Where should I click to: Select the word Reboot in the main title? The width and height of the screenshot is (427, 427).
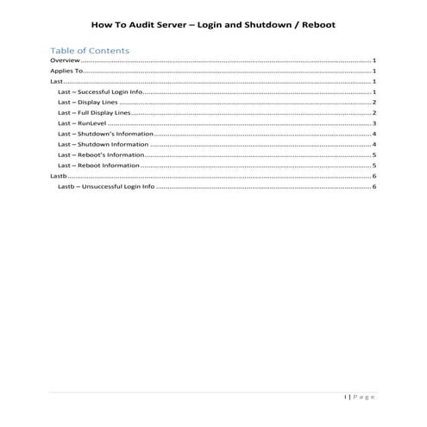pos(314,23)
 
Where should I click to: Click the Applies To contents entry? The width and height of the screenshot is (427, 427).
pos(67,72)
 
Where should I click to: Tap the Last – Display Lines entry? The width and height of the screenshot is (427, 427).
pos(88,103)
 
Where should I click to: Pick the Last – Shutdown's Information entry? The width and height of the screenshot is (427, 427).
pos(105,135)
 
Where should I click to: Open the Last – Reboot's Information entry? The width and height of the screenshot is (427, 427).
pos(102,155)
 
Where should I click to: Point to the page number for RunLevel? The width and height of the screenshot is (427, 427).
pos(374,123)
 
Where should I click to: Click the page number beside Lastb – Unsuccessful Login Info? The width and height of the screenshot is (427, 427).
pos(374,186)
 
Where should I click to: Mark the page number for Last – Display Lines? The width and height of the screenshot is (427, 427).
pos(374,103)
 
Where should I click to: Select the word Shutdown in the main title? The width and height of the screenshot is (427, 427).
pos(262,23)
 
